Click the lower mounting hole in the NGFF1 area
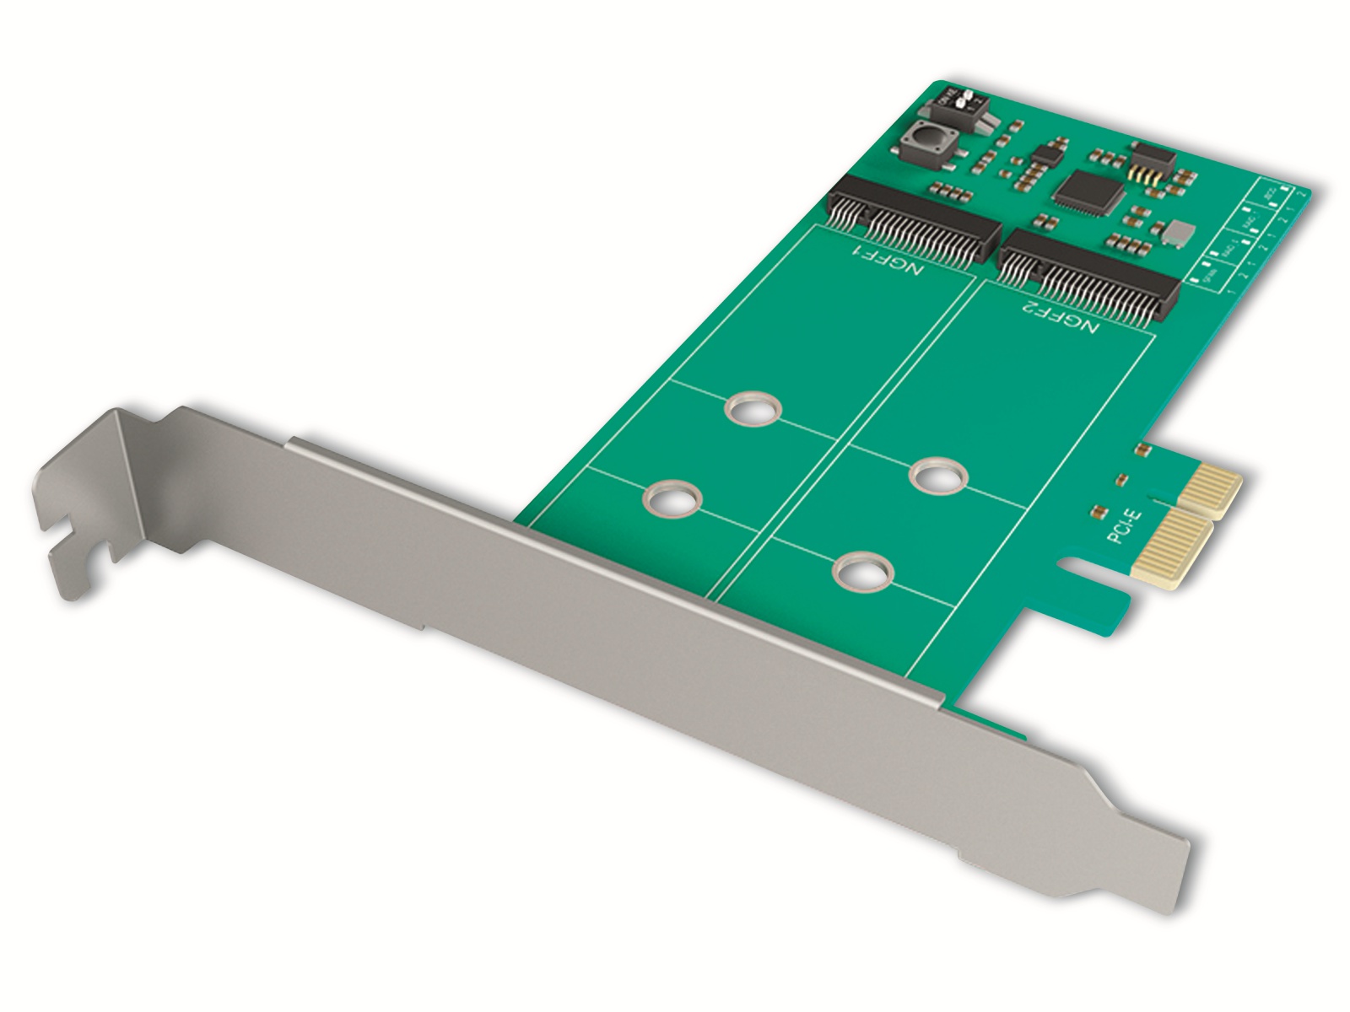tap(673, 499)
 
